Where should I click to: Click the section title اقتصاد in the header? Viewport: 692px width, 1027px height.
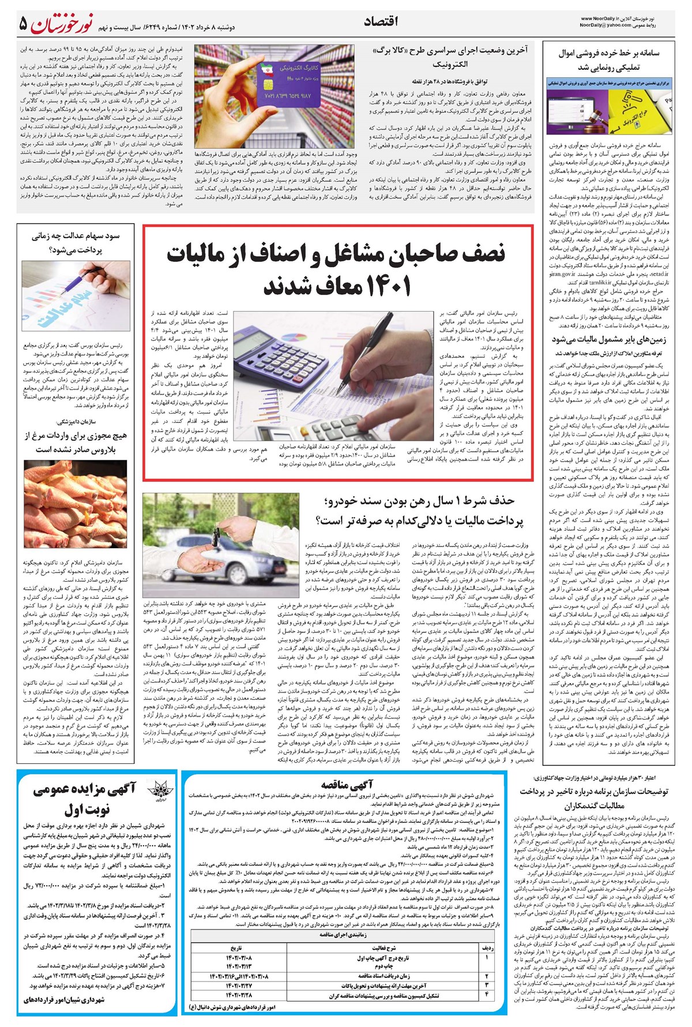pos(381,22)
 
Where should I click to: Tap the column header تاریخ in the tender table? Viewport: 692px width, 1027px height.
pos(236,948)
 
